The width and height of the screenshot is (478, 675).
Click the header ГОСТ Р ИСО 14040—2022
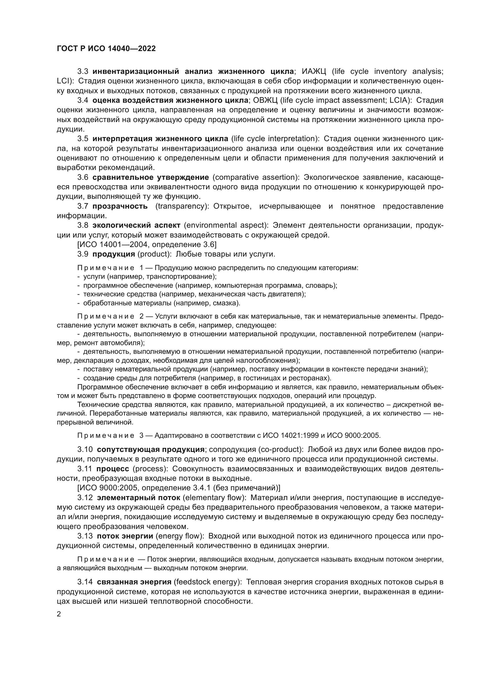click(106, 49)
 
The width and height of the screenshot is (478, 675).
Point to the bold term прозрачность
click(120, 206)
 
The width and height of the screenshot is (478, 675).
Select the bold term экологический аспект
click(136, 225)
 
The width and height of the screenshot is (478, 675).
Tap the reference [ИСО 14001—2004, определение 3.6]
click(147, 244)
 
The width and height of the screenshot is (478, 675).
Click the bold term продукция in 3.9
click(114, 254)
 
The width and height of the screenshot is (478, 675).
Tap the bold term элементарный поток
click(138, 498)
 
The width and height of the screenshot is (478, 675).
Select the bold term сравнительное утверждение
click(151, 177)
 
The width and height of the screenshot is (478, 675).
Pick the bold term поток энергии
click(125, 536)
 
